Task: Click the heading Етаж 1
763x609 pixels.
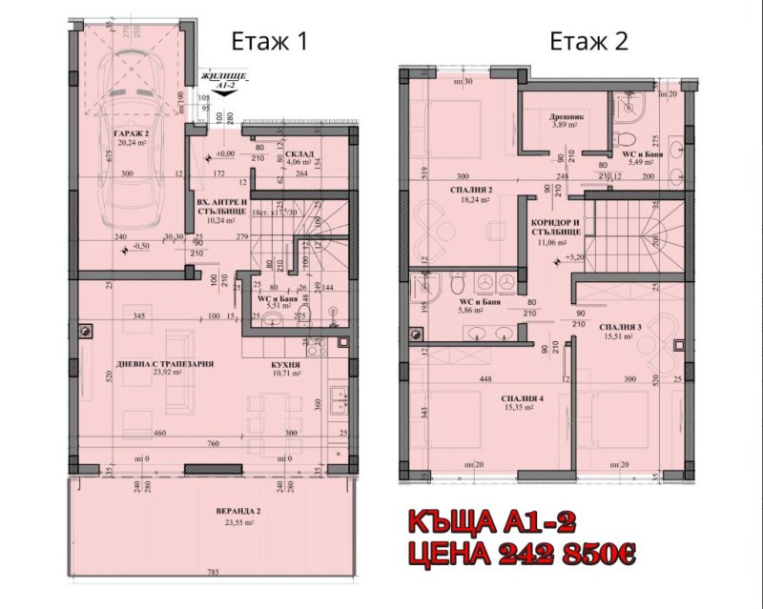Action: [x=270, y=41]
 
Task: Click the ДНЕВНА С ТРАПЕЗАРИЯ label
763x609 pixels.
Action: [x=173, y=364]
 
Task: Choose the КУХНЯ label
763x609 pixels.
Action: [x=285, y=364]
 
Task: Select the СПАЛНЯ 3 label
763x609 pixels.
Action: [x=620, y=327]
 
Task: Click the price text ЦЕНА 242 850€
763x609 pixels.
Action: [x=516, y=552]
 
